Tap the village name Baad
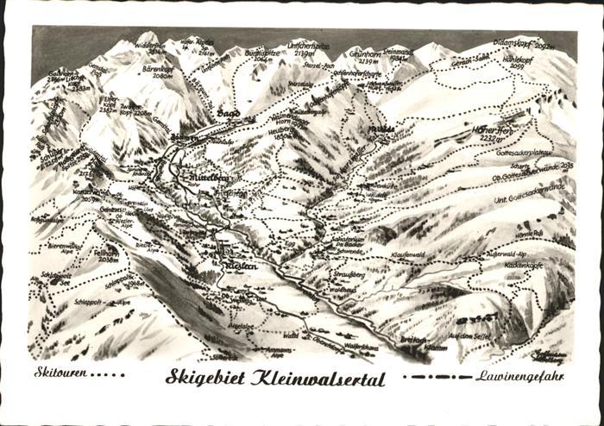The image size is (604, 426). [228, 113]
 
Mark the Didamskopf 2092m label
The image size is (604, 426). [524, 43]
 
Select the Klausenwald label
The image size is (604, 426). [408, 255]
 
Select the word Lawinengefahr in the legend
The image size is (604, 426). [519, 376]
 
